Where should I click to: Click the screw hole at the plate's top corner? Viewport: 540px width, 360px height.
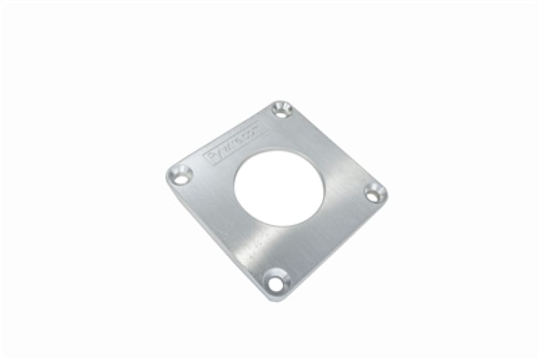pyautogui.click(x=281, y=109)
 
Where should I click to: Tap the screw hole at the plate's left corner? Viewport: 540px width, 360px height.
pyautogui.click(x=180, y=175)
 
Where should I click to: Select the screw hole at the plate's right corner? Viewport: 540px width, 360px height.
pyautogui.click(x=375, y=193)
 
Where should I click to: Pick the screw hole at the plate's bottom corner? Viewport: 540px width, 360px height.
pyautogui.click(x=275, y=281)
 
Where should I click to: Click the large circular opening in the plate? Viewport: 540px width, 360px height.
pyautogui.click(x=279, y=183)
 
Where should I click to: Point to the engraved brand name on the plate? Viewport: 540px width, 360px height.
pyautogui.click(x=236, y=145)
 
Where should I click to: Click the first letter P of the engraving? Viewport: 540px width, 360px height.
pyautogui.click(x=211, y=159)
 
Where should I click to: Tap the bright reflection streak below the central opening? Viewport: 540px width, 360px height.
pyautogui.click(x=270, y=236)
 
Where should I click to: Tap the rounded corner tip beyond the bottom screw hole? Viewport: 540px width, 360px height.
pyautogui.click(x=273, y=296)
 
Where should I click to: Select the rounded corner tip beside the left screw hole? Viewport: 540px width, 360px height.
pyautogui.click(x=168, y=177)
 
